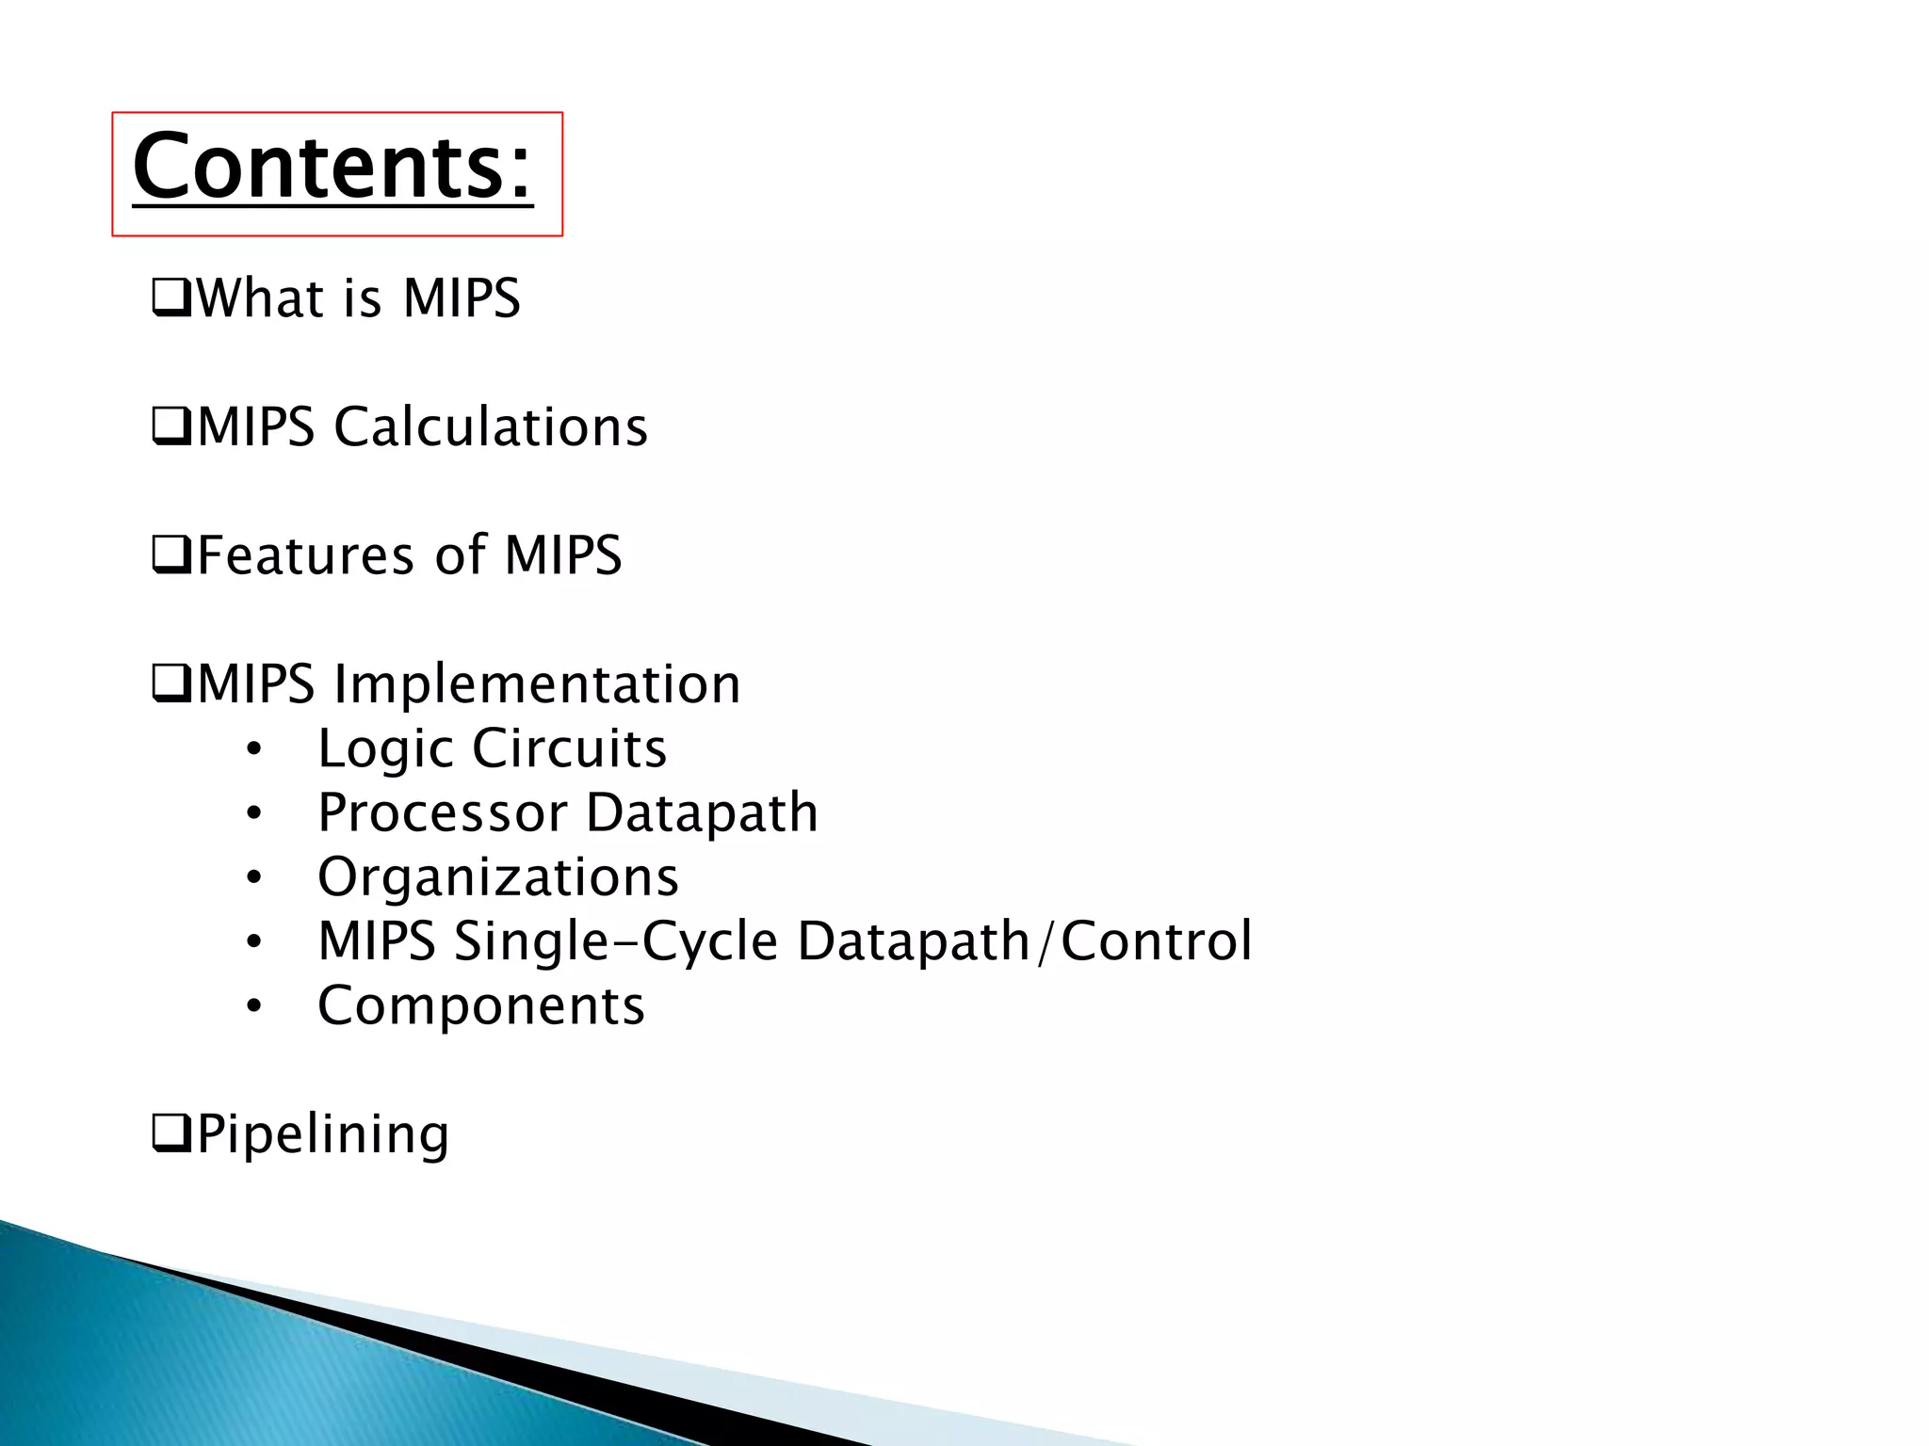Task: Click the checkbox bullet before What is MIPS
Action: coord(171,300)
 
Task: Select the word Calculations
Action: coord(490,427)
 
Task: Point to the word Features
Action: coord(305,555)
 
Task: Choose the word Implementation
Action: coord(537,684)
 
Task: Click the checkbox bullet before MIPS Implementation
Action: coord(171,685)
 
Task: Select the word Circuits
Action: coord(569,749)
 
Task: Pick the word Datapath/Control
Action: coord(1024,941)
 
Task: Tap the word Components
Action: coord(480,1006)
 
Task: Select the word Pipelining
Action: coord(322,1135)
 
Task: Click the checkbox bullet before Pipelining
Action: coord(171,1135)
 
